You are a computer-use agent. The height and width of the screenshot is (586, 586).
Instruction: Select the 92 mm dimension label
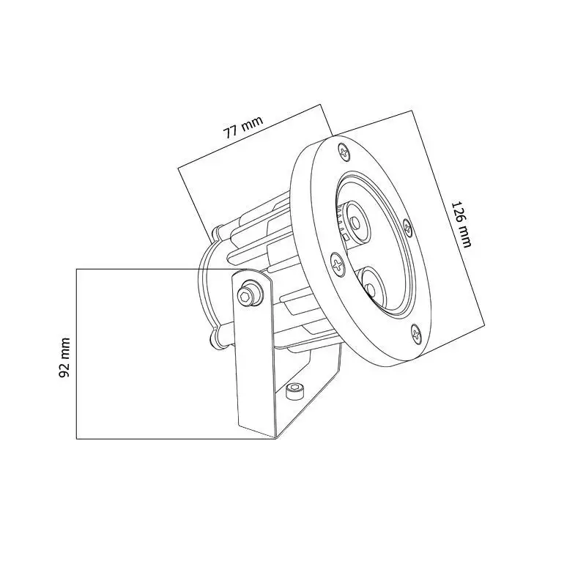point(64,357)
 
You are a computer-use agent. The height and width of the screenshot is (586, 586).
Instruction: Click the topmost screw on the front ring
point(345,152)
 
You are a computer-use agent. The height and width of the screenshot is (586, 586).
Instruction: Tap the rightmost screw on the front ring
point(408,226)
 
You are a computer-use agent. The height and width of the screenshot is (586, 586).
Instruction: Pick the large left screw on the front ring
point(338,264)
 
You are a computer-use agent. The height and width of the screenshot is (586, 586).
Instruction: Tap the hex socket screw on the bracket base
point(294,390)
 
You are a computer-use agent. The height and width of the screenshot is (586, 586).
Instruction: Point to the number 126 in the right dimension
point(459,212)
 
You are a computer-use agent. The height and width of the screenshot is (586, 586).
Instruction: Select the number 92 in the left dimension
point(64,367)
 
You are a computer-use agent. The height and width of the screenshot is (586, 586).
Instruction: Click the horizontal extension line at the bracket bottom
point(176,439)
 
